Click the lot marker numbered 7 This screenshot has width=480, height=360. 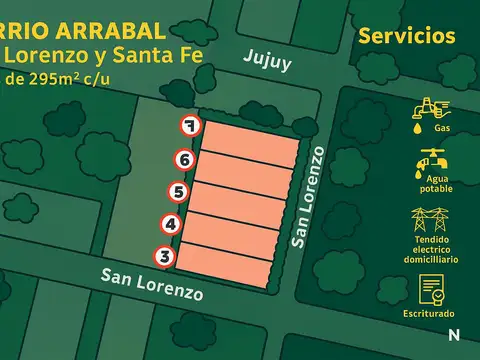click(191, 126)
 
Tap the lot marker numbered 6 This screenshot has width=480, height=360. click(184, 158)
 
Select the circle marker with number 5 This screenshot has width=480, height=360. click(178, 191)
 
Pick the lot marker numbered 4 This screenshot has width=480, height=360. click(172, 224)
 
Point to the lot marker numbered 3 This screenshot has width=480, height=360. click(166, 257)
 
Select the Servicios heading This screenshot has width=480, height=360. click(406, 37)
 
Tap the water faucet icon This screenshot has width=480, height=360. click(431, 160)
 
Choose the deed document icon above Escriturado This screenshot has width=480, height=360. click(431, 290)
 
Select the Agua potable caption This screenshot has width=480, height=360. click(431, 184)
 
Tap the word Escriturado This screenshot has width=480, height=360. click(431, 313)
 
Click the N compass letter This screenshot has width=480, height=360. click(455, 334)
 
